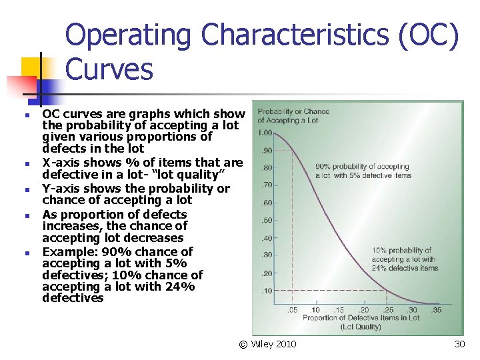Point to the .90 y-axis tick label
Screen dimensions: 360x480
266,150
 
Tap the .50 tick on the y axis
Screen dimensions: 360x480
266,220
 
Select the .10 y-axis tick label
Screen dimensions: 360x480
266,291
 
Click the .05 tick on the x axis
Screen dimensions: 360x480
292,310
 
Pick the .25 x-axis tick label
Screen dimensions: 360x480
388,310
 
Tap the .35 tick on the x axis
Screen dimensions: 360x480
436,310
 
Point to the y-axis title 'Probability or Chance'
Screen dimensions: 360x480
293,111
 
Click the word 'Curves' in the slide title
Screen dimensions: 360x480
109,69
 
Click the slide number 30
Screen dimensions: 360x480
459,344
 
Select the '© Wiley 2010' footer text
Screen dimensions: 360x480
268,344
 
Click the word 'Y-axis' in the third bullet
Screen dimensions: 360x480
60,189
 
